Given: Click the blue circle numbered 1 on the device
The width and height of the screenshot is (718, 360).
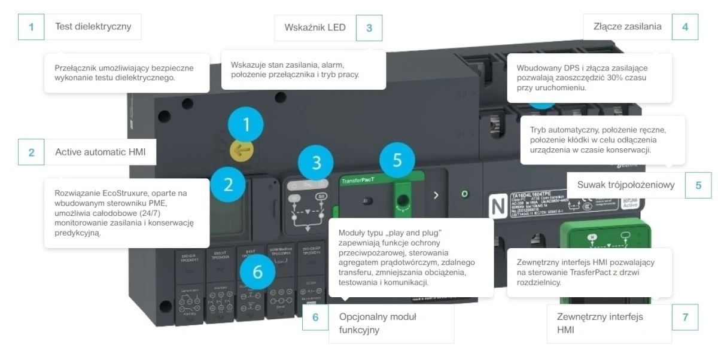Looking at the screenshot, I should [245, 125].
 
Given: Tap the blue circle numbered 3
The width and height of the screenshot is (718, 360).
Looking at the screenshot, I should [317, 162].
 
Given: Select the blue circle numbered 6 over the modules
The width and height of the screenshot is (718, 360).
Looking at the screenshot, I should [257, 272].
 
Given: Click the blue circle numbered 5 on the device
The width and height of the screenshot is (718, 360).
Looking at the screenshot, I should [398, 160].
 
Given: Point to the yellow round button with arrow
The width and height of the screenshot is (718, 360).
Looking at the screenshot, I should [242, 150].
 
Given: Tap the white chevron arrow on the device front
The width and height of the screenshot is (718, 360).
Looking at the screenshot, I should [436, 195].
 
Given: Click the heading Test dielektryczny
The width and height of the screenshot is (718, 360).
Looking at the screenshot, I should [93, 26].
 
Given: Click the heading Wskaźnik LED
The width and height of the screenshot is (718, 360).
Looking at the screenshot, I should [315, 28].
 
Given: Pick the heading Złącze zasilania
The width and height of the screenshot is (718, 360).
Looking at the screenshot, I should [627, 26].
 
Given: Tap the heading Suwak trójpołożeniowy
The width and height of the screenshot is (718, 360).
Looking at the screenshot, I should [626, 185].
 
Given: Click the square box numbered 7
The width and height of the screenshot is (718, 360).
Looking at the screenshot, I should [684, 317].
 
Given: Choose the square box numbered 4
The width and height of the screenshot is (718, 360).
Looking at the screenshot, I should [684, 27].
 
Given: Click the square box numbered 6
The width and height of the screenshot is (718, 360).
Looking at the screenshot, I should [315, 317].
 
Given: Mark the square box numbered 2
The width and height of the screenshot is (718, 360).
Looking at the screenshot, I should [31, 152].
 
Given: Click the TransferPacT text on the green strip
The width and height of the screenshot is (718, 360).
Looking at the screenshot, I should [358, 181].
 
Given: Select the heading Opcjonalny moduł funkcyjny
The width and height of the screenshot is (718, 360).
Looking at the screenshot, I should [378, 323].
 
